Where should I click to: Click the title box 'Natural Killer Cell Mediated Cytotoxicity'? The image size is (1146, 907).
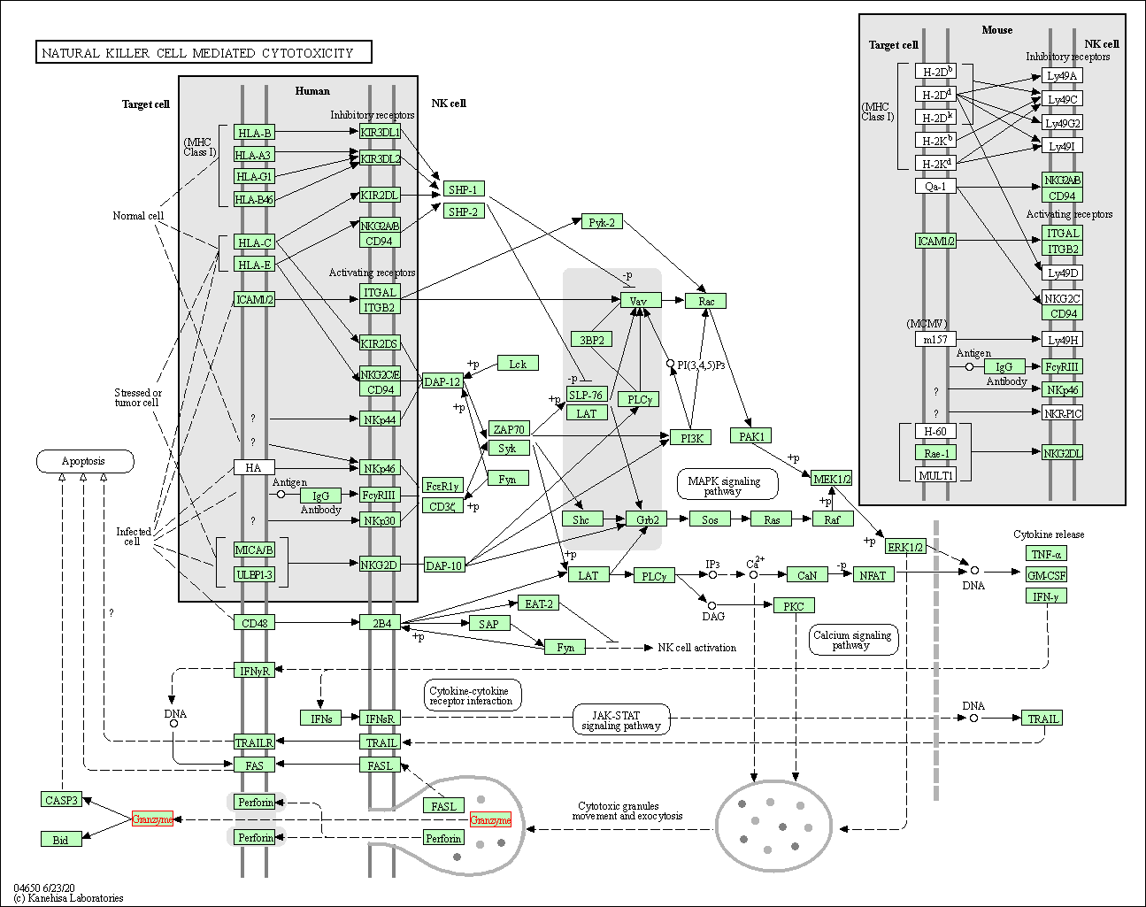point(204,53)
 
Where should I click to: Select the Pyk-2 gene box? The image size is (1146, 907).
point(602,222)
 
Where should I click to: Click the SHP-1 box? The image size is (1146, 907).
point(463,189)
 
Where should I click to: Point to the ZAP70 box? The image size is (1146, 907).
point(509,429)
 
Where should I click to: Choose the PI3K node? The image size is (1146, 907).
point(690,437)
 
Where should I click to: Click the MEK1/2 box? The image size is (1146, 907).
point(832,479)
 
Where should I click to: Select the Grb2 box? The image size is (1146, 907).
point(647,519)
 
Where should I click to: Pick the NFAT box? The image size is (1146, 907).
point(873,575)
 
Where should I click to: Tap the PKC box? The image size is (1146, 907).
point(794,606)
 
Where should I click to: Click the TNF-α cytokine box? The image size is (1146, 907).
point(1046,554)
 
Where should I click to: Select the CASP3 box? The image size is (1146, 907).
point(61,800)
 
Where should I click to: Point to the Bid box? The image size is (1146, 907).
point(61,839)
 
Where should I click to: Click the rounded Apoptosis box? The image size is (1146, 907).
point(84,461)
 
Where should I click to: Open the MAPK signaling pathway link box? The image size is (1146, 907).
point(727,485)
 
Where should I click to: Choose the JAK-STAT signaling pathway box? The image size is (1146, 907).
point(620,720)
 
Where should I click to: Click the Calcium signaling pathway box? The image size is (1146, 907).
point(853,640)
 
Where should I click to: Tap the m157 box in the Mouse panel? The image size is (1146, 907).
point(935,339)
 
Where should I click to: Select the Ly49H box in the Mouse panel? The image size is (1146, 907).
point(1062,340)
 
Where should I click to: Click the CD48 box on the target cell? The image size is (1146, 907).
point(255,623)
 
